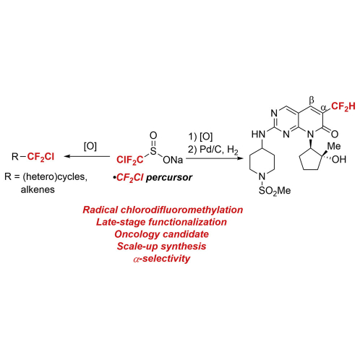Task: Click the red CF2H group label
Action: tap(343, 106)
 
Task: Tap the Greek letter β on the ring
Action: tap(312, 99)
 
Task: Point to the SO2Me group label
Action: tap(275, 191)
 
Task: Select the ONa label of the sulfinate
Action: tap(173, 160)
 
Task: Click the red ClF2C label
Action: tap(130, 160)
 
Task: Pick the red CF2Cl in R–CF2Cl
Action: tap(40, 157)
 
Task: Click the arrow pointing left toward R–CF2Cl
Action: tap(87, 156)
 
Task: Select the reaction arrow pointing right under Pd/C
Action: tap(215, 158)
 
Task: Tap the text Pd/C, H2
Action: tap(219, 150)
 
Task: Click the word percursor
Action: tap(169, 178)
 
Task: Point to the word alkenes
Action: tap(38, 189)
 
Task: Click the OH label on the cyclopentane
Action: tap(339, 160)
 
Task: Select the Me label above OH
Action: tap(334, 146)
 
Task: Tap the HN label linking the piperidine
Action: tap(259, 134)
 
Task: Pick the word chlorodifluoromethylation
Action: tap(181, 210)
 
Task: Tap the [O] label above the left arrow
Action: tap(90, 146)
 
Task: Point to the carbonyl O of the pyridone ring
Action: tap(335, 134)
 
